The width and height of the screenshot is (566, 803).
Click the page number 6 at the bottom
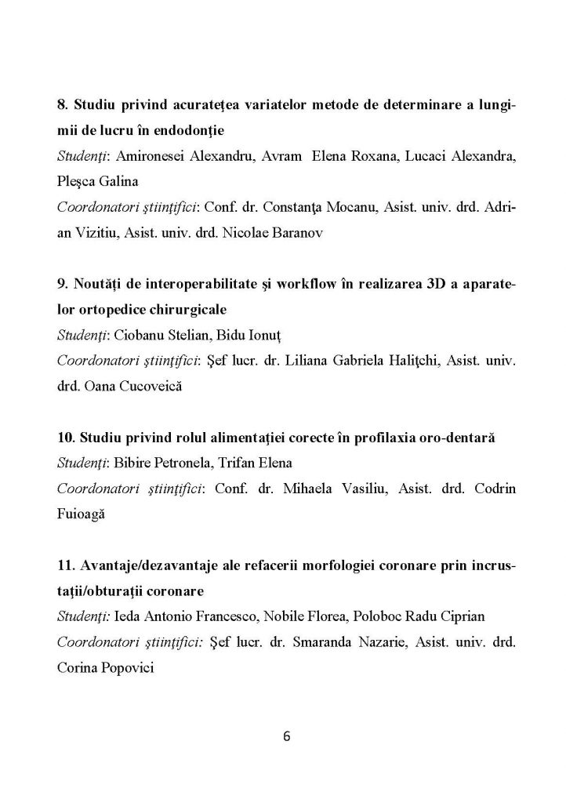(x=286, y=736)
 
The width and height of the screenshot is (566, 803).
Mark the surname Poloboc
(x=332, y=616)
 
